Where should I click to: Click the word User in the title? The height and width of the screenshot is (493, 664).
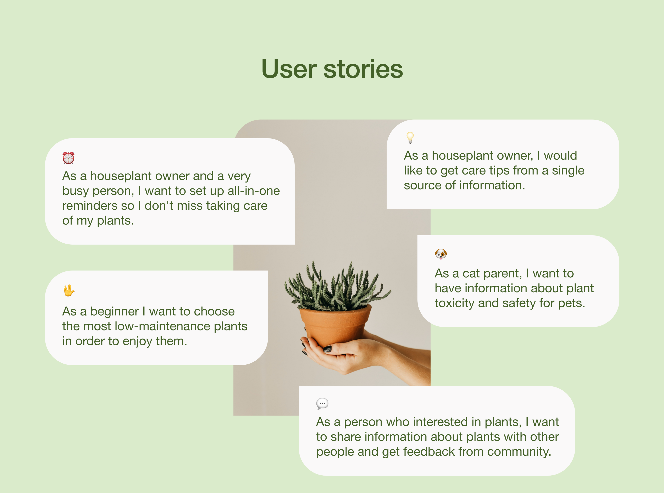(289, 69)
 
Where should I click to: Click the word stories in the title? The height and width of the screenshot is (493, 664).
(363, 69)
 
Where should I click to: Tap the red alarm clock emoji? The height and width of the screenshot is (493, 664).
(68, 158)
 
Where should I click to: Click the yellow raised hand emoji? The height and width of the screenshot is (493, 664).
(69, 290)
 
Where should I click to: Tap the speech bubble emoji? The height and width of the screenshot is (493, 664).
(322, 404)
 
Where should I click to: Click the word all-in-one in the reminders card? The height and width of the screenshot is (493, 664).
(254, 191)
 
